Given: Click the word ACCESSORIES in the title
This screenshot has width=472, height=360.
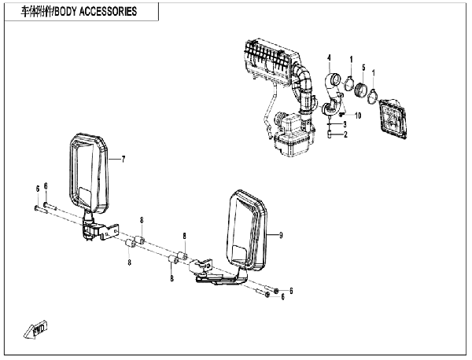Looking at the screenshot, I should point(105,12).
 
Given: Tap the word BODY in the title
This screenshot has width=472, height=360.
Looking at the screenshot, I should point(61,12).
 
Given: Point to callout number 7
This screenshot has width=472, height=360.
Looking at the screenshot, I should point(124,160).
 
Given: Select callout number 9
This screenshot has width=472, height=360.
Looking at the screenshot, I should point(280,235).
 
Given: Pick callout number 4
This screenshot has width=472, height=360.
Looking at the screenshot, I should point(330,57).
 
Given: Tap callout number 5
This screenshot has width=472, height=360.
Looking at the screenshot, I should point(363,67).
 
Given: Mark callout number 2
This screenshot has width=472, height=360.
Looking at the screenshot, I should point(345,135).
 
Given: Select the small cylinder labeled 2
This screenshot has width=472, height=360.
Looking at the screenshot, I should point(327,135).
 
